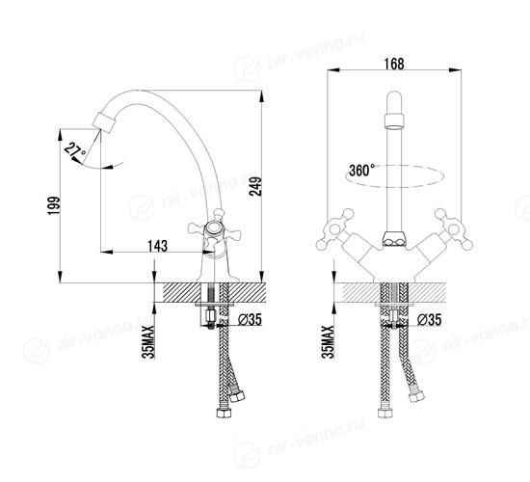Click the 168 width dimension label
click(x=394, y=64)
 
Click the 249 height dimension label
click(x=255, y=186)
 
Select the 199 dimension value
click(x=54, y=205)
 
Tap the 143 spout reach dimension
click(x=157, y=246)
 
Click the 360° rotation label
click(x=361, y=170)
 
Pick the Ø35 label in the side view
click(x=250, y=319)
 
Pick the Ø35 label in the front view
click(x=429, y=319)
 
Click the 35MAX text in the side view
click(x=148, y=341)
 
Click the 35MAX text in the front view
click(x=328, y=341)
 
